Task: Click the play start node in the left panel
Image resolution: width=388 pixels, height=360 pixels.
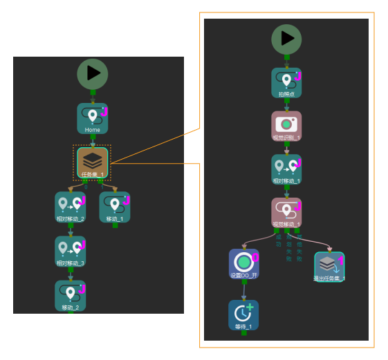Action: tap(93, 73)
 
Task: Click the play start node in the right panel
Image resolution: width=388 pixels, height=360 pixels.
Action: tap(286, 39)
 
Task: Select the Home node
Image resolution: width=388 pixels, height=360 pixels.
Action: tap(92, 118)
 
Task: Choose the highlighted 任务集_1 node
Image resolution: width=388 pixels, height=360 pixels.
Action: tap(92, 163)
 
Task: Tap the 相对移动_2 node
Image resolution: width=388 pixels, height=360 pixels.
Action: tap(71, 207)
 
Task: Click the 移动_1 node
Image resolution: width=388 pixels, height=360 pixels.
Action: tap(115, 207)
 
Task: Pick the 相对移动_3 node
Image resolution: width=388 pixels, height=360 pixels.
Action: tap(71, 252)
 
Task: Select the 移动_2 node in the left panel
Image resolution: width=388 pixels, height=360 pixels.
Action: tap(71, 296)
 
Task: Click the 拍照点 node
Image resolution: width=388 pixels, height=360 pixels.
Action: tap(286, 82)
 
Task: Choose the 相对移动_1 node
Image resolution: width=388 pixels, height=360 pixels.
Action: tap(286, 169)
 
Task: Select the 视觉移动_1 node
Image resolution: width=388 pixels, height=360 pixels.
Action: tap(286, 213)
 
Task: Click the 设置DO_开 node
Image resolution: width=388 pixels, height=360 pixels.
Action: tap(243, 264)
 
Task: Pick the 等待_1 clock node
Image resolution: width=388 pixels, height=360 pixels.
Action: tap(243, 314)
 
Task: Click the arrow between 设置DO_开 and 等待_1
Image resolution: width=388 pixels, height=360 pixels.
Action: tap(243, 290)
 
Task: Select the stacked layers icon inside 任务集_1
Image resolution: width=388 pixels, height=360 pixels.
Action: tap(92, 160)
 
